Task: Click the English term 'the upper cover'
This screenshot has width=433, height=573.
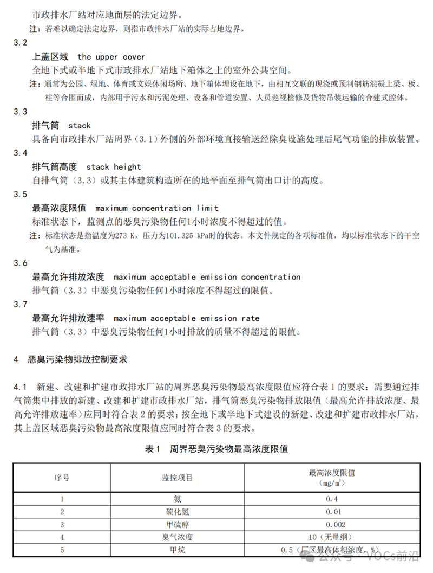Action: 111,56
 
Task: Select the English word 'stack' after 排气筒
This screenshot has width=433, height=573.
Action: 80,126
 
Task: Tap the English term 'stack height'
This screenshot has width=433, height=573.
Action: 113,167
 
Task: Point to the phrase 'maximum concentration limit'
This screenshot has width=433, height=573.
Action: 156,208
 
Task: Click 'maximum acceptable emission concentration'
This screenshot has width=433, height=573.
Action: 207,277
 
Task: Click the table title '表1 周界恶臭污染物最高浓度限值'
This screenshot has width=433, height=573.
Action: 216,449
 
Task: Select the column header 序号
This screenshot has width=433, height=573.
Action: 62,478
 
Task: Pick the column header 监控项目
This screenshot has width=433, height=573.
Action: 177,478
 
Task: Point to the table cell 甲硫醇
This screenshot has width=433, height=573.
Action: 177,525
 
